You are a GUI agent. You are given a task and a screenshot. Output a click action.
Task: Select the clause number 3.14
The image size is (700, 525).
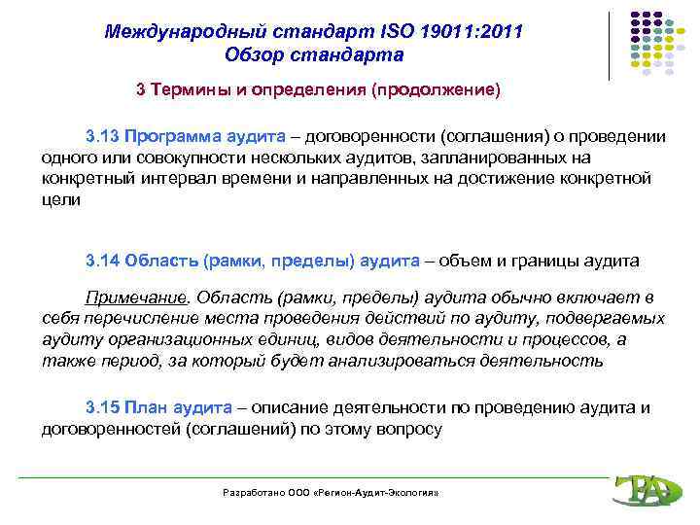pyautogui.click(x=102, y=261)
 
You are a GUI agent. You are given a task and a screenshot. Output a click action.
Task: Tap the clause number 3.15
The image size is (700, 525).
pyautogui.click(x=102, y=406)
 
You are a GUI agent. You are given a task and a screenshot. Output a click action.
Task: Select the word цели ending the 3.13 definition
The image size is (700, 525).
pyautogui.click(x=62, y=200)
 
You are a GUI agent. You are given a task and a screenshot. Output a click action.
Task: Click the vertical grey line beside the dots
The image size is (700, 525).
pyautogui.click(x=611, y=46)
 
